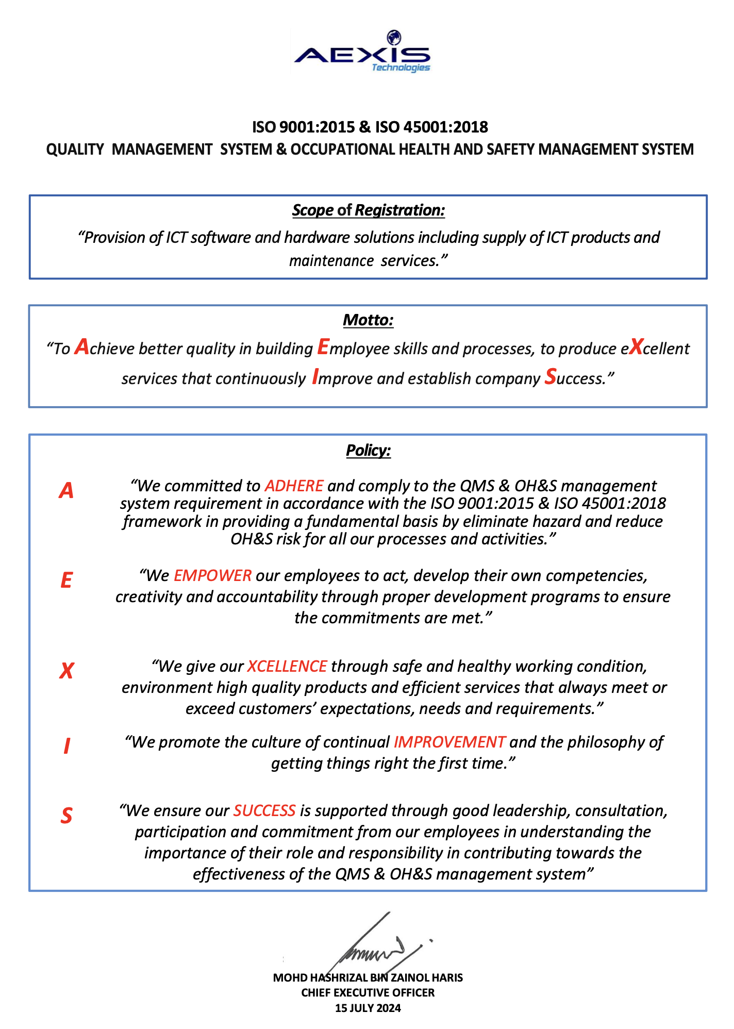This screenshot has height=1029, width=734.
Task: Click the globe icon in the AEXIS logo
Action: pos(394,38)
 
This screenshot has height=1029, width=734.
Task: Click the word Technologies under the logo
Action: pos(401,68)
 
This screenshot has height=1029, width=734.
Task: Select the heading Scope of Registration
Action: pos(368,210)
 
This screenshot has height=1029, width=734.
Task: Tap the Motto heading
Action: pos(368,320)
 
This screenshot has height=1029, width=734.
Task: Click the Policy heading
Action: pos(368,451)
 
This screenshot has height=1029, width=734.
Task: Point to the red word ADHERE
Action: pos(294,486)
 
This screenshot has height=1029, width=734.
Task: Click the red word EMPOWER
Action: pos(212,575)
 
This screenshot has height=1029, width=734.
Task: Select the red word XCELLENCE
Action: pos(287,666)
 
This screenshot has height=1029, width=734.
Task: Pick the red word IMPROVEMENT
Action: pos(449,742)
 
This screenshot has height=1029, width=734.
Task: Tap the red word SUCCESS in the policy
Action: pos(264,810)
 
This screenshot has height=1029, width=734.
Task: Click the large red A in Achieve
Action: pos(81,347)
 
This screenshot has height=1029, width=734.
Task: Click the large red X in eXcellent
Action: pos(636,347)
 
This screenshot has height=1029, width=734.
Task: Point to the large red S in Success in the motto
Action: pos(550,377)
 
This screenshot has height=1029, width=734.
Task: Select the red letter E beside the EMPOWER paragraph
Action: pos(66,580)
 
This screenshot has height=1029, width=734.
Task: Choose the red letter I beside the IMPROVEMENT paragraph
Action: pos(66,746)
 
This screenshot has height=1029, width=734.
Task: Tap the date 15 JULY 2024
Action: pos(368,1008)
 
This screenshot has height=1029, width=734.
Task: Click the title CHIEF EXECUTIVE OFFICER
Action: pos(368,993)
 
